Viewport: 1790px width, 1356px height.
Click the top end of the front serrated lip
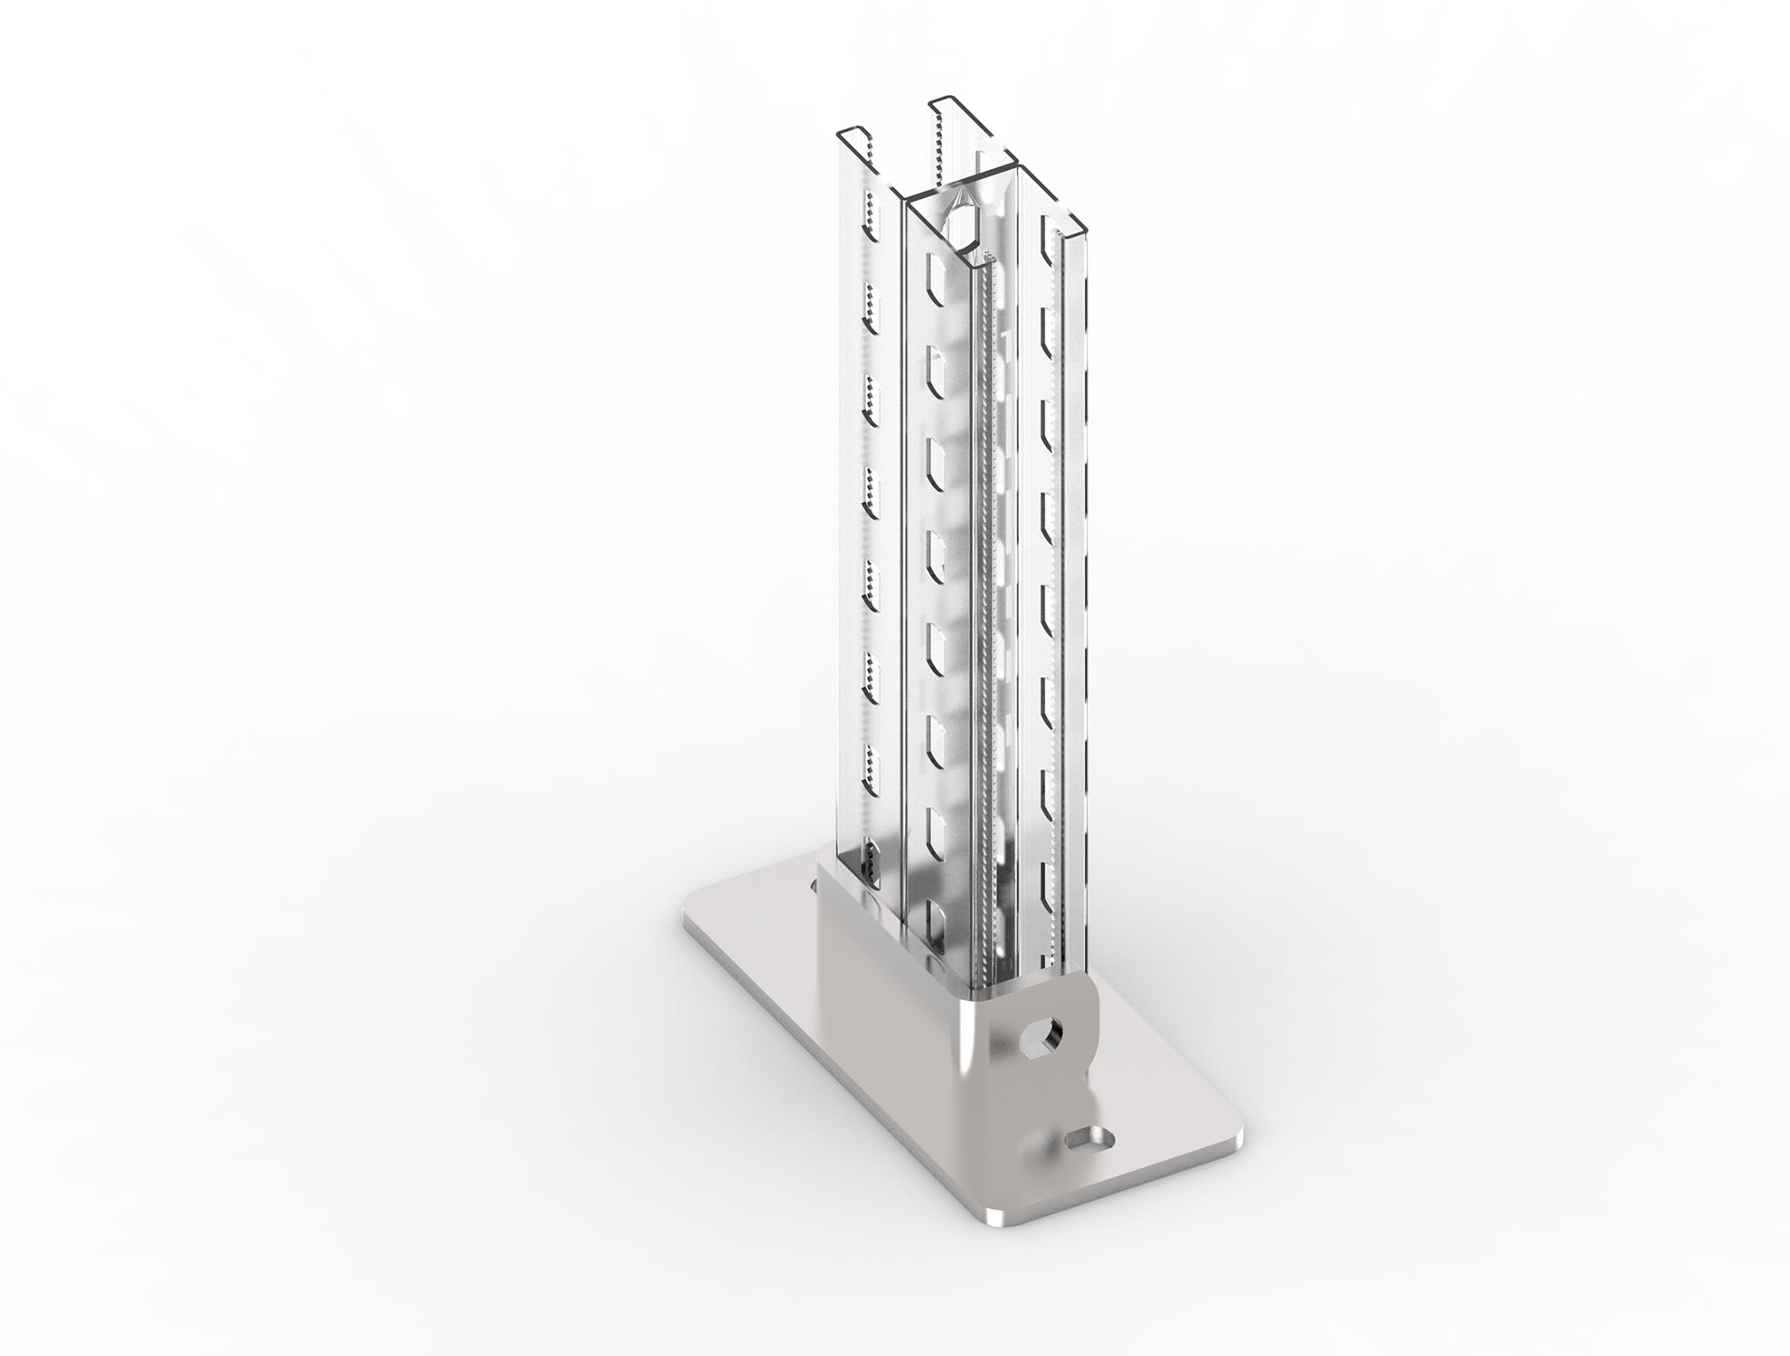tap(993, 262)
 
